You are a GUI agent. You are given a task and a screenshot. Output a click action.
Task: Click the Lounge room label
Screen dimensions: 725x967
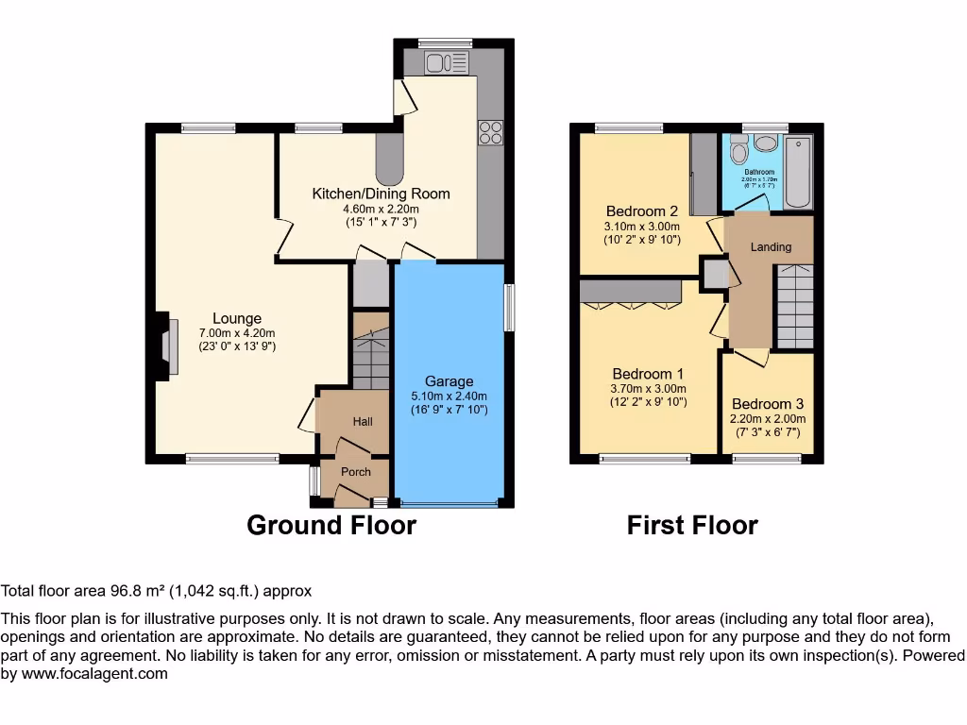pyautogui.click(x=236, y=319)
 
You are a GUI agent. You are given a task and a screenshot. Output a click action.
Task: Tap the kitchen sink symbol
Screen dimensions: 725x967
pyautogui.click(x=446, y=63)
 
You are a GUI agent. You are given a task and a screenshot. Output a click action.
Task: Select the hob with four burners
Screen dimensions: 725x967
pyautogui.click(x=490, y=133)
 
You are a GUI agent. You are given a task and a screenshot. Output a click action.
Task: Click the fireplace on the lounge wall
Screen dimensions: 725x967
pyautogui.click(x=166, y=346)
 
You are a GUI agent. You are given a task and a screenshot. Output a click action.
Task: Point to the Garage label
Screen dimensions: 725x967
pyautogui.click(x=449, y=382)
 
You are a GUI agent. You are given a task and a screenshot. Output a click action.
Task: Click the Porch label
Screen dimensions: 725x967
pyautogui.click(x=356, y=472)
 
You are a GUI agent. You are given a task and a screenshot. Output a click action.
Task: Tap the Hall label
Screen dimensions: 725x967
pyautogui.click(x=363, y=422)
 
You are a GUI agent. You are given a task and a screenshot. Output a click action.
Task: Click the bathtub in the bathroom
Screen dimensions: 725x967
pyautogui.click(x=799, y=170)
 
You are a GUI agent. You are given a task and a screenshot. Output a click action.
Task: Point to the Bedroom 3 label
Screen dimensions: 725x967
pyautogui.click(x=768, y=404)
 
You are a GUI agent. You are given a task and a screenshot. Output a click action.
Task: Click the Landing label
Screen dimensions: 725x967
pyautogui.click(x=771, y=247)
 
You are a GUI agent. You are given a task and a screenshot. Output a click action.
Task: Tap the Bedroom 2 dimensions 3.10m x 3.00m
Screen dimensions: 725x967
pyautogui.click(x=642, y=227)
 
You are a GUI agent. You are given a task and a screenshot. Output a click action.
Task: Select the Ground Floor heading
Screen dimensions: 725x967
pyautogui.click(x=331, y=525)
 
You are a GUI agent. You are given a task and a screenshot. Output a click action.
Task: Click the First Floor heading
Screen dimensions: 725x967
pyautogui.click(x=692, y=525)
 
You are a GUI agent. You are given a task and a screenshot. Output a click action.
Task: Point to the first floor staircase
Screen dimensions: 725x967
pyautogui.click(x=794, y=307)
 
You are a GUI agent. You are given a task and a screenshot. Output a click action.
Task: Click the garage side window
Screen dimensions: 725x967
pyautogui.click(x=509, y=307)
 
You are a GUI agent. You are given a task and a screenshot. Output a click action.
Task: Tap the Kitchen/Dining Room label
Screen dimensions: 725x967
pyautogui.click(x=381, y=194)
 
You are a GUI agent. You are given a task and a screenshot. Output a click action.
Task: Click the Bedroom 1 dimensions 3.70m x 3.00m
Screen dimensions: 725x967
pyautogui.click(x=649, y=388)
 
